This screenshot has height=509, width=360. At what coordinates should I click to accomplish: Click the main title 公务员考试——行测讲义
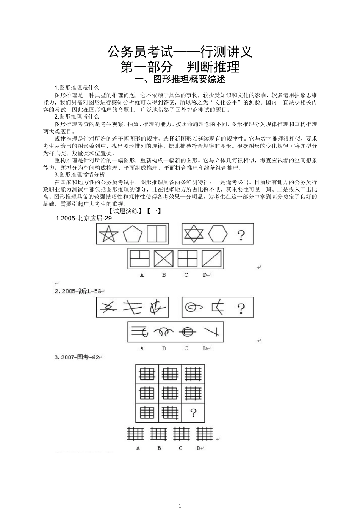click(180, 52)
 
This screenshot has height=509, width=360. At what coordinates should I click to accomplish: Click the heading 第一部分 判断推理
click(180, 67)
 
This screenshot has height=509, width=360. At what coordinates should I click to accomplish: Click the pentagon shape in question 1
click(133, 234)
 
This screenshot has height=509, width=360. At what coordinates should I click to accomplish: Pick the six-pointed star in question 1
click(193, 234)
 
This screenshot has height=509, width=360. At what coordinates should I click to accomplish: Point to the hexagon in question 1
click(218, 234)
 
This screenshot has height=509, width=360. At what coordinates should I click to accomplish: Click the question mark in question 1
click(241, 235)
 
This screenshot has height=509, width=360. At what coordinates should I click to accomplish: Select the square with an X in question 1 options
click(163, 259)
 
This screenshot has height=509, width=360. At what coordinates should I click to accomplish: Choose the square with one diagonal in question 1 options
click(211, 259)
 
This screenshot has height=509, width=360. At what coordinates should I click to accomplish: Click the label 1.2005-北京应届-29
click(84, 219)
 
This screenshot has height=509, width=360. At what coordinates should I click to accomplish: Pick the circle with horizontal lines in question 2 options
click(188, 333)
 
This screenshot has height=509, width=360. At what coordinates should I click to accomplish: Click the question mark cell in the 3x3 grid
click(193, 412)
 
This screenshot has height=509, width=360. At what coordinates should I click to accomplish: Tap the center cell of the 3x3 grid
click(170, 393)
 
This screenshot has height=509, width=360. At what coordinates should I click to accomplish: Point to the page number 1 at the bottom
click(180, 506)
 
